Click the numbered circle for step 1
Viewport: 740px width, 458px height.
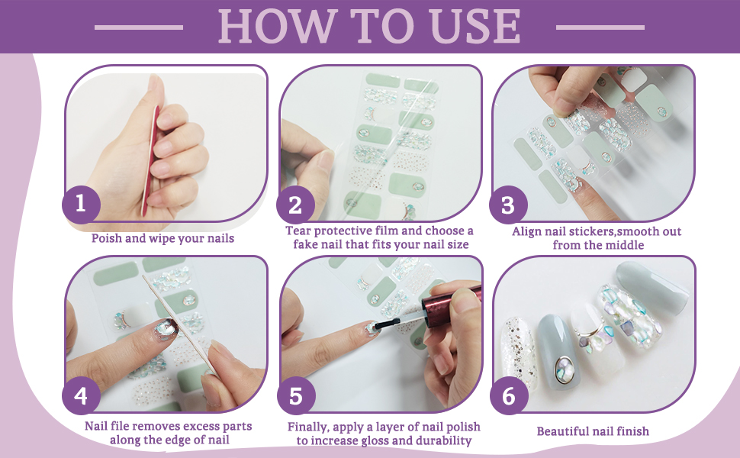(x=81, y=204)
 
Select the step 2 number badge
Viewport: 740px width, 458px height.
(x=295, y=205)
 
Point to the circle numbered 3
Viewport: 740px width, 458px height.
(x=508, y=205)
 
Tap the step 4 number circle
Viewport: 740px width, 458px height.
(x=81, y=395)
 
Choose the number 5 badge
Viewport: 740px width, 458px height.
(x=295, y=395)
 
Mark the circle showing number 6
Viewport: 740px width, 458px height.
(x=508, y=395)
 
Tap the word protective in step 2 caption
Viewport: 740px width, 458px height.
(x=340, y=231)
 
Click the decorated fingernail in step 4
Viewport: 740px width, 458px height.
(x=166, y=330)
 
